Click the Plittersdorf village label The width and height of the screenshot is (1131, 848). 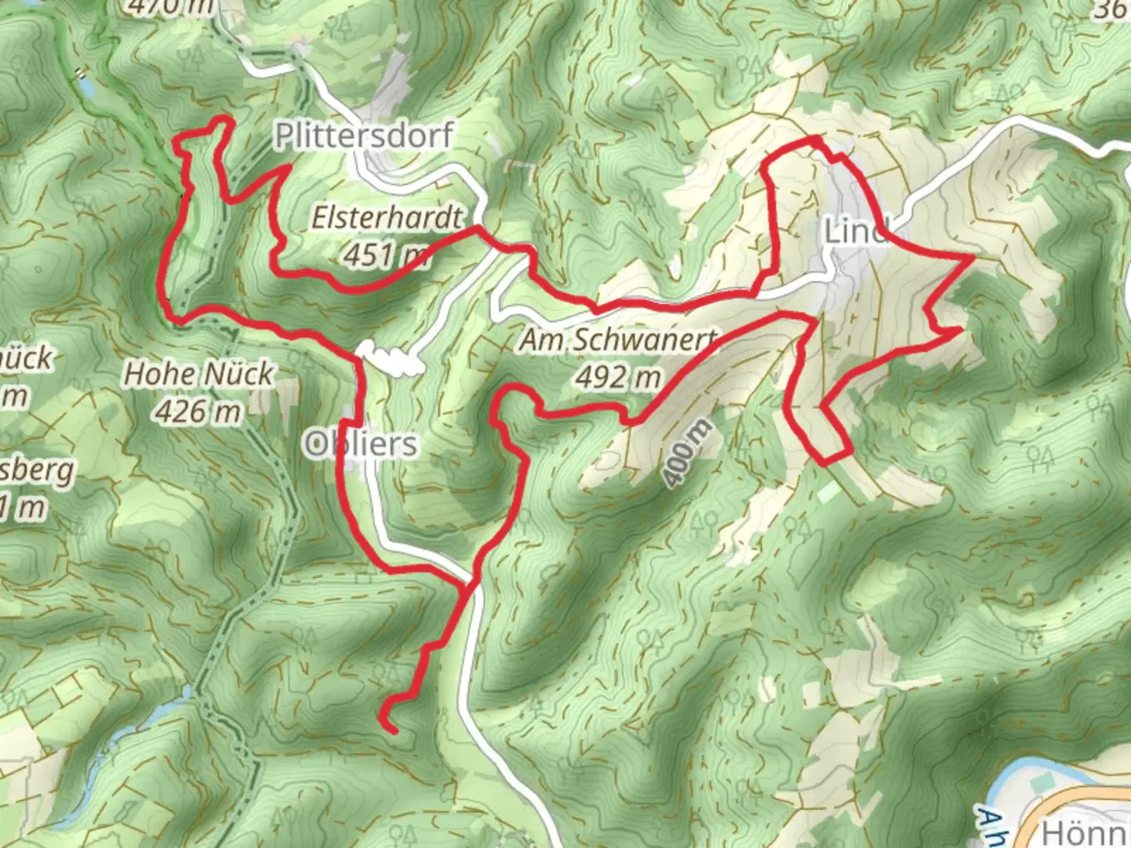click(364, 136)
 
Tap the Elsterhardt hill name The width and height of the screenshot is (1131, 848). click(387, 217)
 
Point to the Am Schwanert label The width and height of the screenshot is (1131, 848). click(618, 341)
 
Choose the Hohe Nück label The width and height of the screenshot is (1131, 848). click(199, 374)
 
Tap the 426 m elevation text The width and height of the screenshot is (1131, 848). click(198, 411)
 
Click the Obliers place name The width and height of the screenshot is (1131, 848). click(361, 444)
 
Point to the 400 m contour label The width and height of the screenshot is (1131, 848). click(686, 453)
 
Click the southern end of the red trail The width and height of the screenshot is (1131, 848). click(390, 730)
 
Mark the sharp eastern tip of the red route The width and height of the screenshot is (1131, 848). click(972, 257)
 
